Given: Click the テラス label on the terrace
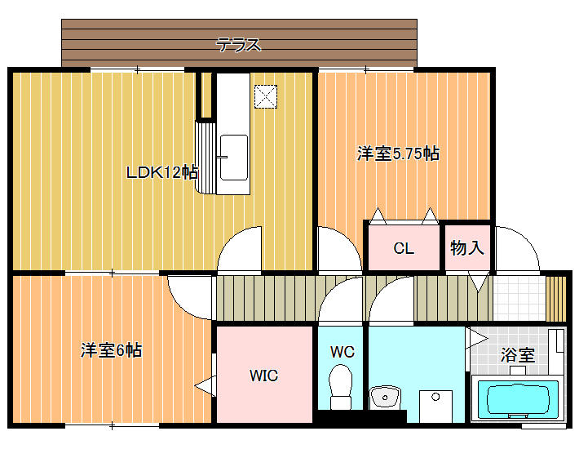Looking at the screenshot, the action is click(x=239, y=45).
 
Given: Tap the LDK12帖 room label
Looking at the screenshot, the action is click(x=162, y=172).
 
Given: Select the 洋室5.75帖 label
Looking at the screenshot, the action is click(x=398, y=153).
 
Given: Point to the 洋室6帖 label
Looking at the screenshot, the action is click(x=111, y=350).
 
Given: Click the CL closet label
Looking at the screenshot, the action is click(x=404, y=248).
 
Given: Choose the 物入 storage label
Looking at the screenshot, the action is click(x=467, y=247).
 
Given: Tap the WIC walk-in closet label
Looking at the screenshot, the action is click(x=263, y=376).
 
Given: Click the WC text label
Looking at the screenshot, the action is click(x=343, y=352).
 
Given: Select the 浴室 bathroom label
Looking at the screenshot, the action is click(x=517, y=355).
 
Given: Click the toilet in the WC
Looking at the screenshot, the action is click(x=340, y=386).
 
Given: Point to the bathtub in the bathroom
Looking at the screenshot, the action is click(x=518, y=400).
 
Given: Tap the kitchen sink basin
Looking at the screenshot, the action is click(x=234, y=158).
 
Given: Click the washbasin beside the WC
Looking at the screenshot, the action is click(x=384, y=398).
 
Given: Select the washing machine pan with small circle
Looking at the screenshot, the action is click(x=435, y=407).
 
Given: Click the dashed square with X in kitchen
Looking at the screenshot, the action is click(x=266, y=97).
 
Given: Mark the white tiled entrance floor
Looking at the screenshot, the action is click(x=519, y=299).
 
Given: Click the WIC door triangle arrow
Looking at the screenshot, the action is click(x=205, y=386).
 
